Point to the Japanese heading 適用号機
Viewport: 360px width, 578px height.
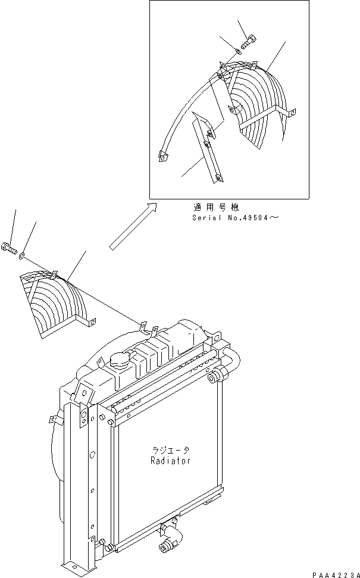pos(215,208)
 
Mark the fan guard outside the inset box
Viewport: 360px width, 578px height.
pos(57,304)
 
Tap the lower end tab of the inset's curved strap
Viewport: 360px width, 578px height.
pos(162,157)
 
